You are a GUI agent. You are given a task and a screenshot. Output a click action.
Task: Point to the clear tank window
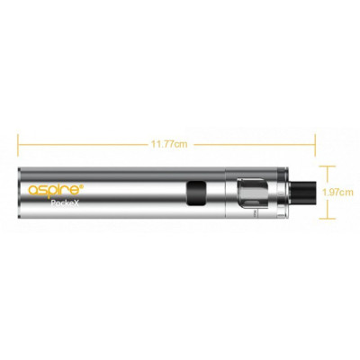[254, 192]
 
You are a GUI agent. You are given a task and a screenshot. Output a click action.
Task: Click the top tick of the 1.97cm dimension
[329, 164]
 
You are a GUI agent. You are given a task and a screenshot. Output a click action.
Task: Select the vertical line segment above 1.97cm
[329, 175]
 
